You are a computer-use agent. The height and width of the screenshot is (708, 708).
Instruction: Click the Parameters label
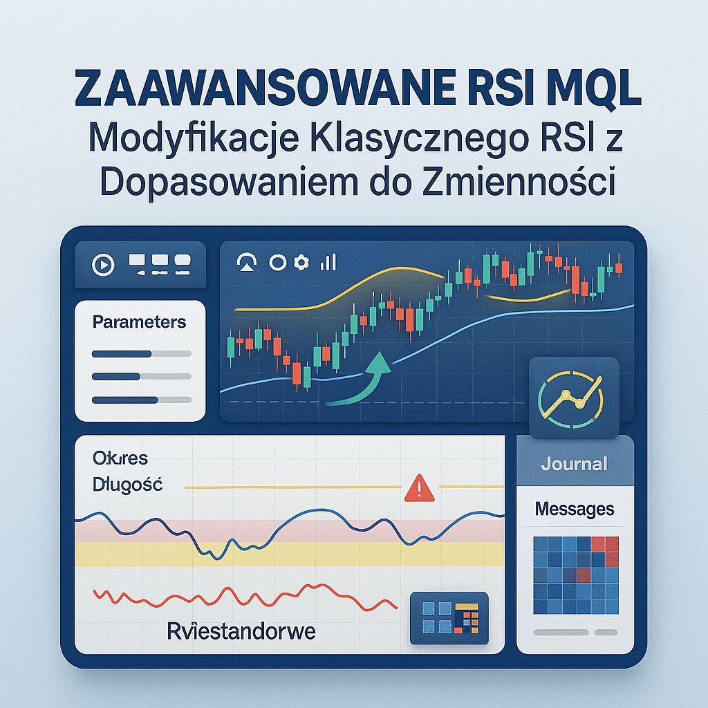pyautogui.click(x=139, y=322)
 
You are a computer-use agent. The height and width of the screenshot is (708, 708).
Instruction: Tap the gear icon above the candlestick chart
pyautogui.click(x=301, y=262)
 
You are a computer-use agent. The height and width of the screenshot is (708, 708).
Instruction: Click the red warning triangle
pyautogui.click(x=418, y=489)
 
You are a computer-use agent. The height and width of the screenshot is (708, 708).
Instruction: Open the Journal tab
pyautogui.click(x=575, y=463)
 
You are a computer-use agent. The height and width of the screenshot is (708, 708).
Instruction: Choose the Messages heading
pyautogui.click(x=575, y=510)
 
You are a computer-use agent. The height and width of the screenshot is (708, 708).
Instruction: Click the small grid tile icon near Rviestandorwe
pyautogui.click(x=449, y=617)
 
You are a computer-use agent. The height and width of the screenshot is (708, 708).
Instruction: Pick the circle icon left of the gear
pyautogui.click(x=277, y=262)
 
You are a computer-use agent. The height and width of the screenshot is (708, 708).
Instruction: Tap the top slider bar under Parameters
pyautogui.click(x=141, y=354)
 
